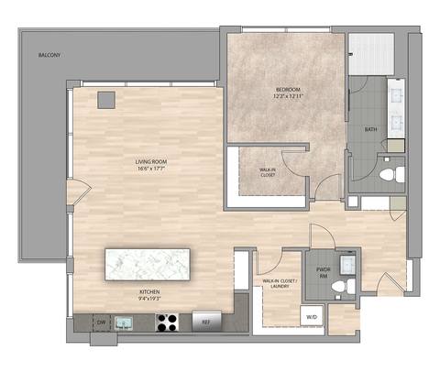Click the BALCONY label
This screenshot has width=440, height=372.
click(49, 56)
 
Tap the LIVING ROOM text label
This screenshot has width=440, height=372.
click(150, 162)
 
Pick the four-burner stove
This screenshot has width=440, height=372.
click(167, 322)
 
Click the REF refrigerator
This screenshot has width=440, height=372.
click(206, 322)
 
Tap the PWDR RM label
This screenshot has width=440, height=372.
click(323, 272)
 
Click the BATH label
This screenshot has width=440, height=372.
click(370, 129)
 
